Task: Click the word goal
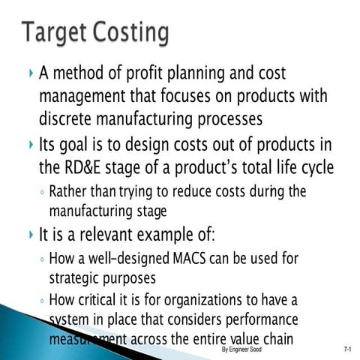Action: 82,144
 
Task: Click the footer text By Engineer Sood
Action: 242,349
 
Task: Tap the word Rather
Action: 70,192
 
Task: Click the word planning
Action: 219,73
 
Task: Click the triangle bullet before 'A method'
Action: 29,74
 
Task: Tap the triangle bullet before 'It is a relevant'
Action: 29,235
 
